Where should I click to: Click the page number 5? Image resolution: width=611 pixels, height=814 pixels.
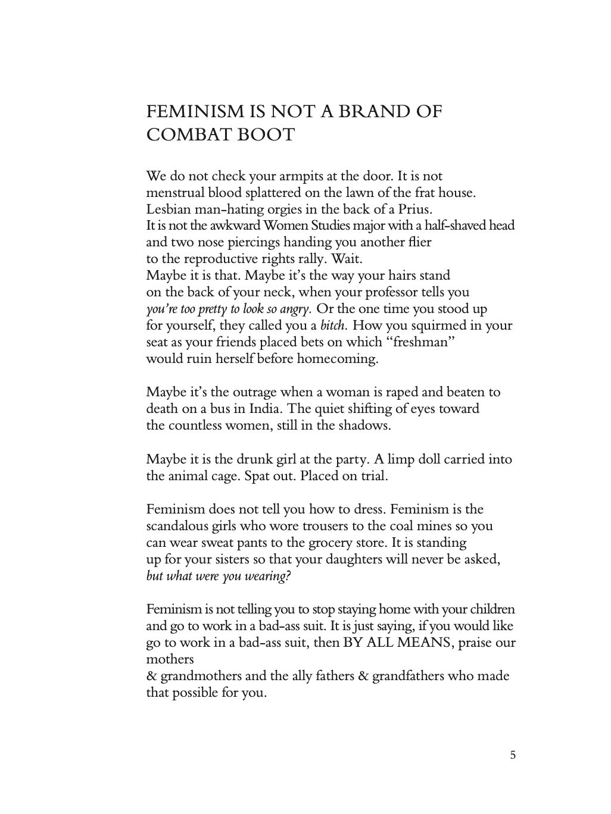513,756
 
